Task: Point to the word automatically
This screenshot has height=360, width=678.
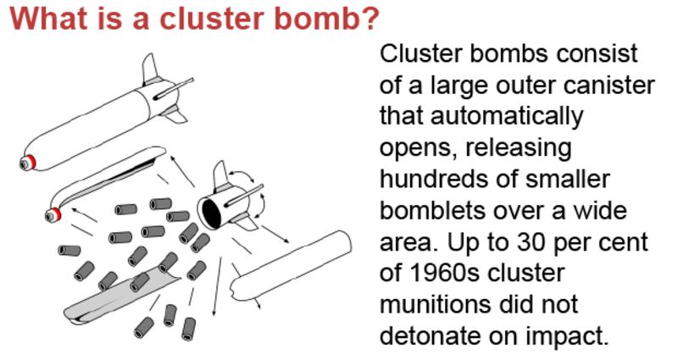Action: (481, 115)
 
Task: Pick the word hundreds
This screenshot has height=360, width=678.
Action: (434, 178)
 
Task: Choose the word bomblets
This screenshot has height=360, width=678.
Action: (435, 209)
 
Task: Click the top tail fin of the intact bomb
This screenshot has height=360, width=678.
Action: (150, 68)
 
